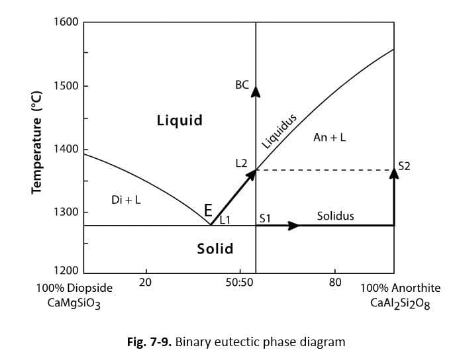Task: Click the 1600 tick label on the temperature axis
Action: (x=66, y=22)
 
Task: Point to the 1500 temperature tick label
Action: (x=66, y=86)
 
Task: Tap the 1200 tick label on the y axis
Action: (x=66, y=270)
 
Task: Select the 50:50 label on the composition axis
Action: (x=239, y=282)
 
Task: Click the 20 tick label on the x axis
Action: (x=146, y=282)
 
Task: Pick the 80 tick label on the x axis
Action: (x=335, y=282)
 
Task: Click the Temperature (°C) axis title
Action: (x=37, y=142)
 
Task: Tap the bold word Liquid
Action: (x=179, y=120)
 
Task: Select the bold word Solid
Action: (x=215, y=249)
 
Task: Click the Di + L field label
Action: (x=126, y=200)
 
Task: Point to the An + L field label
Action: (x=330, y=137)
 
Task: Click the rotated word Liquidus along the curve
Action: (x=279, y=130)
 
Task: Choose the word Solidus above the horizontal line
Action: (x=335, y=216)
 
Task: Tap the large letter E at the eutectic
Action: (x=208, y=210)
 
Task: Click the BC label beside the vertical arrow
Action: (x=242, y=85)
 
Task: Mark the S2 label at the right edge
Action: (x=404, y=166)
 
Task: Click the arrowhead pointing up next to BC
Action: (x=256, y=91)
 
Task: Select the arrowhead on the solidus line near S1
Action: (x=293, y=226)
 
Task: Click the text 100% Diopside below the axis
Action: (x=74, y=288)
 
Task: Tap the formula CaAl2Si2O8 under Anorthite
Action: (x=400, y=304)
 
